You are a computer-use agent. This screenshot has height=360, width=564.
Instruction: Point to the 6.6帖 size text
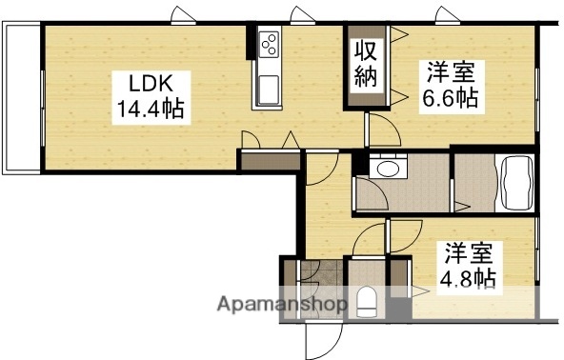click(451, 96)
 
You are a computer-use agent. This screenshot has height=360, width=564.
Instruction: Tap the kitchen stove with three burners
click(268, 44)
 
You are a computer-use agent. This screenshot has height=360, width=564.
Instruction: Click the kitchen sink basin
click(267, 90)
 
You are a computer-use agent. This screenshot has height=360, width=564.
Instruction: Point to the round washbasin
click(388, 169)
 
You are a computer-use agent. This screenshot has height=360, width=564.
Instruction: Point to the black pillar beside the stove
click(252, 43)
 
